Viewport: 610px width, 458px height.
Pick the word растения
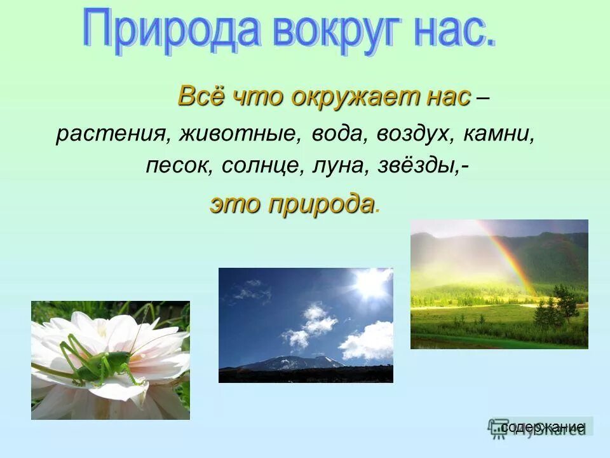(111, 135)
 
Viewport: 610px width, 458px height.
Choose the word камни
(500, 135)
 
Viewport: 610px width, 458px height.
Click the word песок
(180, 165)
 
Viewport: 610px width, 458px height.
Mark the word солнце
(264, 165)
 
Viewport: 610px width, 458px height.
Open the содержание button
(541, 426)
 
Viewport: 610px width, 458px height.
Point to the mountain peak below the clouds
(299, 361)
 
